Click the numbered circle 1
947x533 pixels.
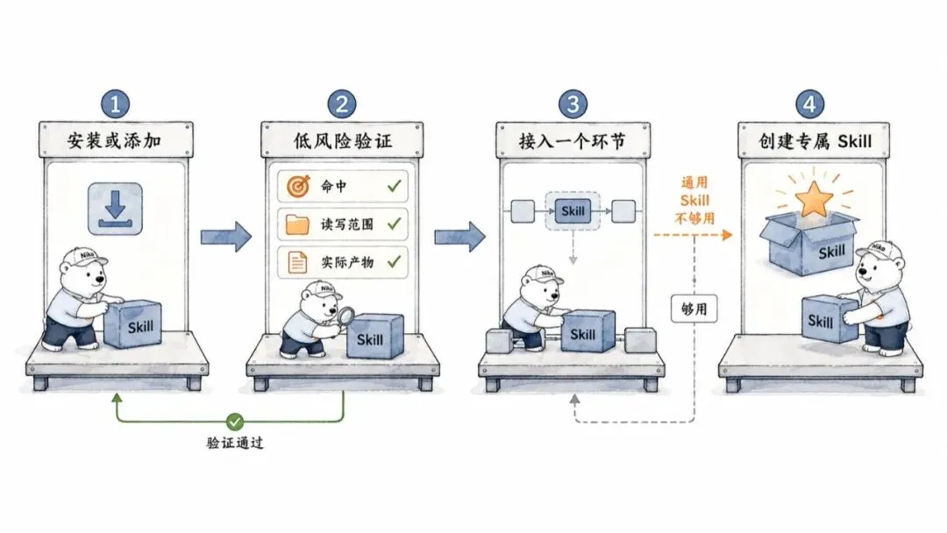point(116,103)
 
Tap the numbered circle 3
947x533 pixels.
point(573,103)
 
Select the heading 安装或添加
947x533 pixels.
point(114,140)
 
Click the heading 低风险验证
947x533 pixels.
point(343,140)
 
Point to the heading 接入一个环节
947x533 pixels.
point(572,141)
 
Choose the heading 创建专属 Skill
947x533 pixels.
point(815,141)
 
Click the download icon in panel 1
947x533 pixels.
point(116,209)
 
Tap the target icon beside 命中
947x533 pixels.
point(298,187)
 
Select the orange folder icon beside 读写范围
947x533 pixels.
point(297,224)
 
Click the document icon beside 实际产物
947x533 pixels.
point(297,263)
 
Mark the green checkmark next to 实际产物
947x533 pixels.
point(395,261)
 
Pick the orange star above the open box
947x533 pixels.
point(814,199)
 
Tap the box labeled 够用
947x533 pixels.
point(694,309)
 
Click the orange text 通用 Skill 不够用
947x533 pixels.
point(694,201)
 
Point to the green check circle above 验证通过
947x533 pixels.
point(235,421)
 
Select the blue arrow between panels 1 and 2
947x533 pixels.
point(226,237)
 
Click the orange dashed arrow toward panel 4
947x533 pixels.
point(693,235)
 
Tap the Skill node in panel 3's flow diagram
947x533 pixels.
point(573,211)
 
